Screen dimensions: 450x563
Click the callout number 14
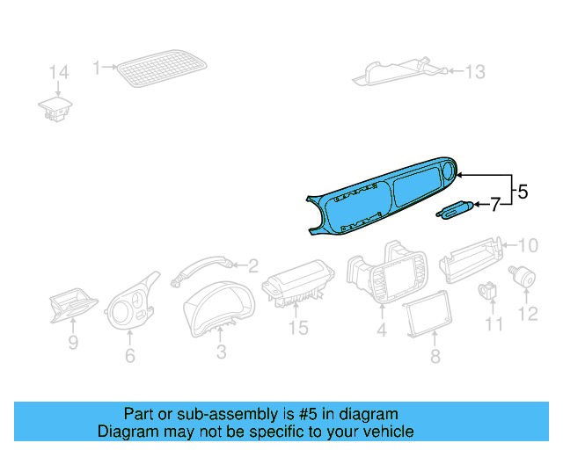coord(57,72)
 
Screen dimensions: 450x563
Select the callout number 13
coord(474,72)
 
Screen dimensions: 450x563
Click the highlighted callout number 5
coord(522,191)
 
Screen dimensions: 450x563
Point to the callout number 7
coord(494,205)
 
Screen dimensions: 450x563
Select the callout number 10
coord(526,244)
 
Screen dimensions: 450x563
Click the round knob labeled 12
coord(527,277)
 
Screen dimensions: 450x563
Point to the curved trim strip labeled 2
coord(202,267)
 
